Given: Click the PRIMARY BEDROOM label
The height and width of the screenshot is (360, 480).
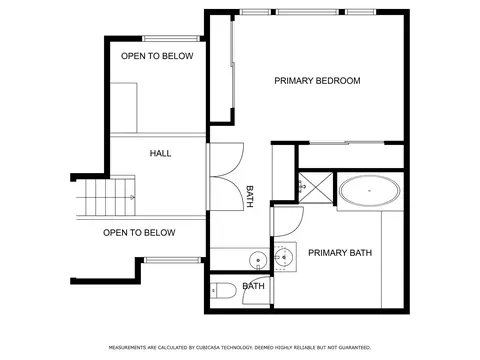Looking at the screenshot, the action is [317, 81].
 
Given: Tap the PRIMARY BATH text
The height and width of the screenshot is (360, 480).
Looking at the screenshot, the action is [340, 253].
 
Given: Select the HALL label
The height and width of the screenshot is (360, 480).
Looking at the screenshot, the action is [160, 153].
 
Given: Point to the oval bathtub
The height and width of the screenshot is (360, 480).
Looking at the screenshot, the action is [369, 191].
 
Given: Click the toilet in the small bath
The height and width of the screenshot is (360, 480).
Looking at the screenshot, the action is [224, 291].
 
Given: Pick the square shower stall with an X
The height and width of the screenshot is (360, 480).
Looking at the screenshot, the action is [315, 187].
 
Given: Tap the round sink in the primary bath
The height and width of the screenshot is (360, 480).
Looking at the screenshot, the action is [284, 257].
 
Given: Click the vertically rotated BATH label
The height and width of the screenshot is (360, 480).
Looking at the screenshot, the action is [250, 197].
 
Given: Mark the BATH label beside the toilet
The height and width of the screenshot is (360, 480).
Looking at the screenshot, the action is [253, 286].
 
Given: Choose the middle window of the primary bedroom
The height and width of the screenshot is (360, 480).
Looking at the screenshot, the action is [307, 12].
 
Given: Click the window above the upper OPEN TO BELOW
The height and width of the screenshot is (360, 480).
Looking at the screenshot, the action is [171, 39].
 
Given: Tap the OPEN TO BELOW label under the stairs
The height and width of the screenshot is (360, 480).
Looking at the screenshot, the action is [139, 233].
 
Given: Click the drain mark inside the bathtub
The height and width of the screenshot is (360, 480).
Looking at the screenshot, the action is [369, 191].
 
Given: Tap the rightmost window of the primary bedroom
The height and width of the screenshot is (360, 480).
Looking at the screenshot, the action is [360, 12].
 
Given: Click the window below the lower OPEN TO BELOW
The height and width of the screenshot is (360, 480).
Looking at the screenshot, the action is [172, 260].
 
